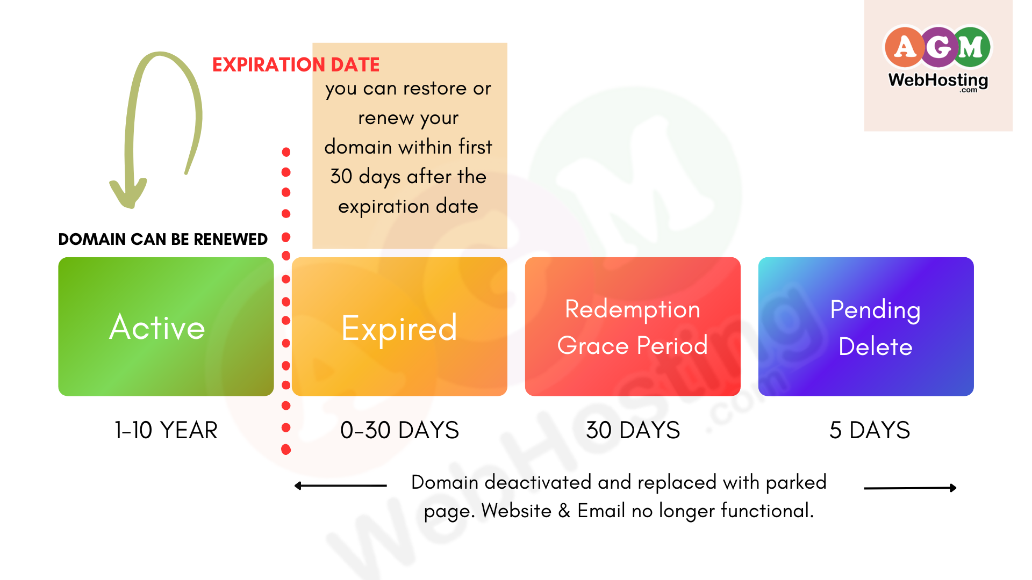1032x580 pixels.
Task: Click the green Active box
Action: (166, 327)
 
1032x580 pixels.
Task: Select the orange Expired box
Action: (399, 327)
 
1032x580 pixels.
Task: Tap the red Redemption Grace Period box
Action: (633, 327)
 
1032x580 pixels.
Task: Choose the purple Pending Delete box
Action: (866, 327)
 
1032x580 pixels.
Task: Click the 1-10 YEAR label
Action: (166, 430)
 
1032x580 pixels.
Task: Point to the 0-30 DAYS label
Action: (400, 430)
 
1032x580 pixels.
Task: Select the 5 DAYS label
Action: (870, 430)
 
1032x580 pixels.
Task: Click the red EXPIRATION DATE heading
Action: (296, 65)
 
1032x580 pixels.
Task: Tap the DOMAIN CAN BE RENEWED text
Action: (163, 239)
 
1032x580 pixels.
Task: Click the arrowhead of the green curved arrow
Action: (128, 195)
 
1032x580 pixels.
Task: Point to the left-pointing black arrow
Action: (340, 486)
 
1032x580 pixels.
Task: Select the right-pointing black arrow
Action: (910, 488)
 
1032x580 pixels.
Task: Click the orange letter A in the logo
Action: (905, 47)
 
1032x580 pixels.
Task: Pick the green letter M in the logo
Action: (971, 47)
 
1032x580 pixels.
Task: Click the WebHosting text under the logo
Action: (938, 81)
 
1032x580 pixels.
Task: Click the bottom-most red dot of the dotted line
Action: (286, 450)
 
